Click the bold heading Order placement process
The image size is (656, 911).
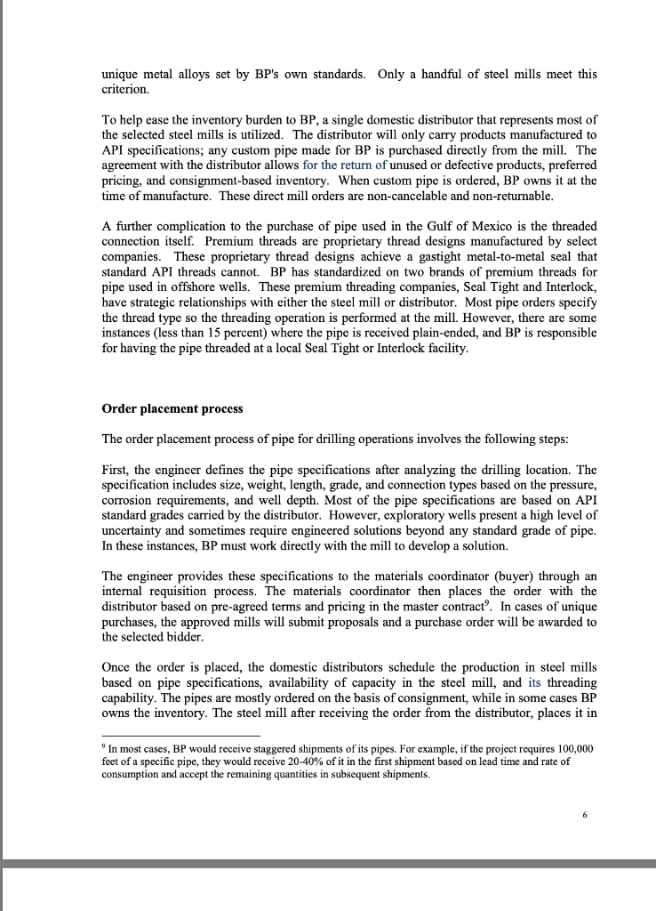pos(172,409)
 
